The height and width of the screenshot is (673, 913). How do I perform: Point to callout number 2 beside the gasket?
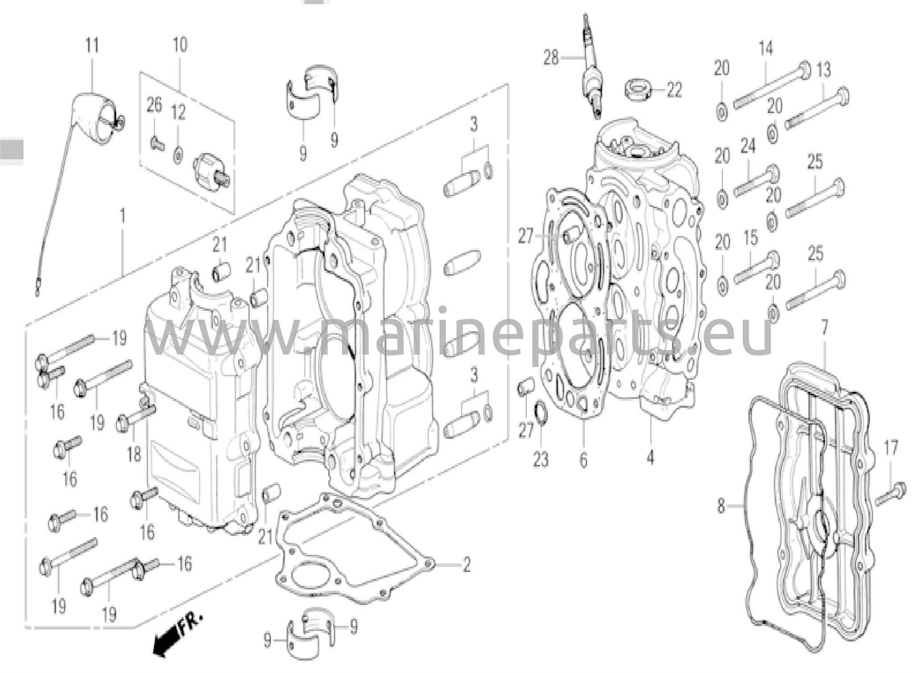tap(466, 565)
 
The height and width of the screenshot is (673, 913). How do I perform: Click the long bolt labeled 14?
tap(772, 89)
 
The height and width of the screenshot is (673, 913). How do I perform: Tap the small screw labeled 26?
tap(156, 144)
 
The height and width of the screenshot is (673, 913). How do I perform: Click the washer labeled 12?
tap(178, 154)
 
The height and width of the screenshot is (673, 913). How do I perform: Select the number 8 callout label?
tap(721, 507)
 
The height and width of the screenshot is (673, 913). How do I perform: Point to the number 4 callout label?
tap(650, 457)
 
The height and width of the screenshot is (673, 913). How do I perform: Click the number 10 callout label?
tap(180, 45)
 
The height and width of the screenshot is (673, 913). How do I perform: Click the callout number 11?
tap(92, 45)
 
